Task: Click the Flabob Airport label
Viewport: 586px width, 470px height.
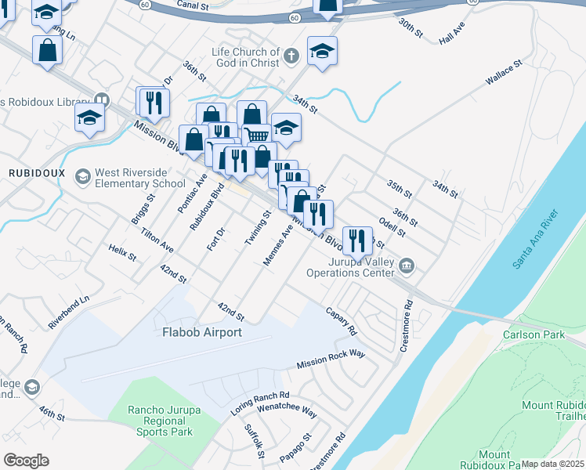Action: pos(201,332)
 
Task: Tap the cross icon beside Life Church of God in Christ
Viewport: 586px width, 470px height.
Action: pos(291,56)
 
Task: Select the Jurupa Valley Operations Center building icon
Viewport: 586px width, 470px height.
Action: pos(407,266)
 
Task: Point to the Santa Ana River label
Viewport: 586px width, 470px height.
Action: pos(535,239)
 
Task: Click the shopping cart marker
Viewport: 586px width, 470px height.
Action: pos(258,136)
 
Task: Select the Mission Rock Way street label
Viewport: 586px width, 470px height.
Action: pos(331,360)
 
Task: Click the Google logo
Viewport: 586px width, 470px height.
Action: pos(26,460)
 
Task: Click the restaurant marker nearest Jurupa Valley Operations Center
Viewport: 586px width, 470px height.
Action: pos(357,240)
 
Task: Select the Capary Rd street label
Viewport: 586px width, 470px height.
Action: pos(341,320)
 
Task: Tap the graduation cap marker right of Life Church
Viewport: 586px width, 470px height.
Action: pos(322,52)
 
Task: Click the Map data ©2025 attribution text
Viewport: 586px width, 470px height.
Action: pos(552,464)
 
